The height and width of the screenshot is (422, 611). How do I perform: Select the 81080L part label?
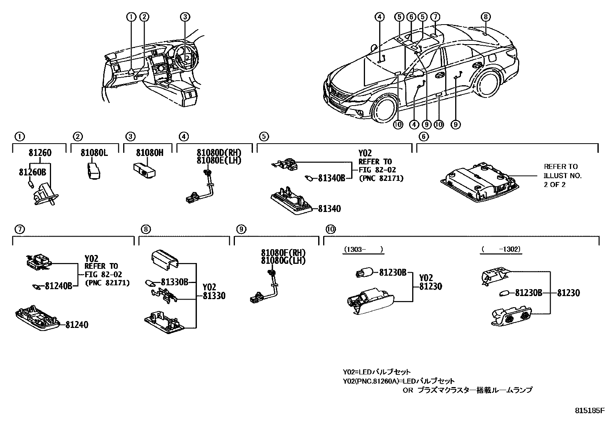(x=94, y=153)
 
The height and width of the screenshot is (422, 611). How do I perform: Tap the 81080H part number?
(x=150, y=153)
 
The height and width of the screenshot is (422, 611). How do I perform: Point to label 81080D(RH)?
(x=219, y=153)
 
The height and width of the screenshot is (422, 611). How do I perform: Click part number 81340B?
(x=332, y=178)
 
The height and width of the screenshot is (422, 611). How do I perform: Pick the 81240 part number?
(x=76, y=325)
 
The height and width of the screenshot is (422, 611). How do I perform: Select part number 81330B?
(x=174, y=282)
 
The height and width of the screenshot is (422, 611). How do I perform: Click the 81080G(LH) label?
(x=283, y=261)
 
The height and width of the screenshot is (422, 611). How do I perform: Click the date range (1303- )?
(x=363, y=250)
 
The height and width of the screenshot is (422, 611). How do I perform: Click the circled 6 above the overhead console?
(x=411, y=17)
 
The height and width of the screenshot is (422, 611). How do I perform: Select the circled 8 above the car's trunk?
(x=485, y=17)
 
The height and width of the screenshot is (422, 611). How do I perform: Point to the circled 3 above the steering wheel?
(x=185, y=17)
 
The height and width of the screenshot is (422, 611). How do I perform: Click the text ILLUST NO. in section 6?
(x=563, y=176)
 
